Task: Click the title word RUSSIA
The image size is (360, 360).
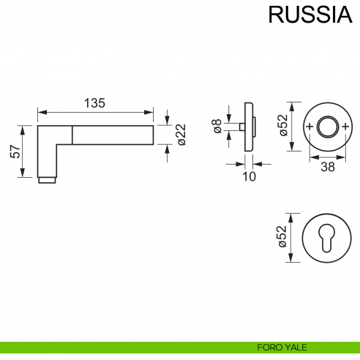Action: point(310,15)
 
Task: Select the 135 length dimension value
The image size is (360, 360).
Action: point(95,103)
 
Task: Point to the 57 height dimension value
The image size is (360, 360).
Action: point(15,151)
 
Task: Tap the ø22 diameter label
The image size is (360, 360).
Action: point(181,135)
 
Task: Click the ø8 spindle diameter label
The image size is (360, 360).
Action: point(217,127)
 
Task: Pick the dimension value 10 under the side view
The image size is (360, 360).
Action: point(249,176)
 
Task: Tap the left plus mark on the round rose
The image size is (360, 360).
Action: point(310,127)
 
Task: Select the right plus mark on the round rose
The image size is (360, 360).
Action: point(344,127)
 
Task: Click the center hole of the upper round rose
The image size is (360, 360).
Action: point(327,127)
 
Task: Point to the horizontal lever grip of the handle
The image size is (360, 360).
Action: point(113,135)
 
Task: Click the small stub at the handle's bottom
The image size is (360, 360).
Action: point(47,180)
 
